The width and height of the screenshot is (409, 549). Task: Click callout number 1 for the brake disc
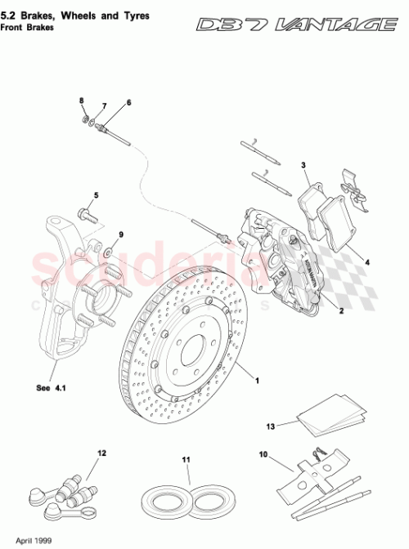pyautogui.click(x=257, y=381)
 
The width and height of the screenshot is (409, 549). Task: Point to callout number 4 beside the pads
pyautogui.click(x=366, y=263)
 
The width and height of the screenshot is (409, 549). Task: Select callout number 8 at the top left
pyautogui.click(x=82, y=100)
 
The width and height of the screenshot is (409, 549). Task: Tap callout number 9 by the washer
pyautogui.click(x=121, y=235)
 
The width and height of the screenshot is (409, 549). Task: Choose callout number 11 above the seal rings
pyautogui.click(x=186, y=460)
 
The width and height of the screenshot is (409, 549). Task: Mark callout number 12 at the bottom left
pyautogui.click(x=102, y=452)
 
